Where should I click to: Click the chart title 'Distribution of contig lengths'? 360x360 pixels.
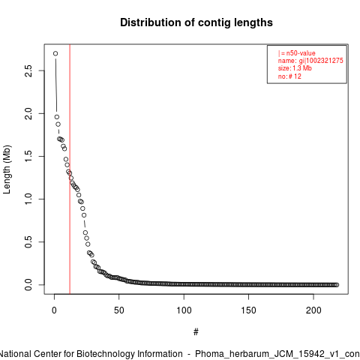(196, 22)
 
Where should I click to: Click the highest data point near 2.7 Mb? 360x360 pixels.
(55, 53)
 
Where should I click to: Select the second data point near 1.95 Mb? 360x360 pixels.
(57, 117)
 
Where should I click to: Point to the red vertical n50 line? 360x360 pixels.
(70, 169)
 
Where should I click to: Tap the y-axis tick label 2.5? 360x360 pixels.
(28, 70)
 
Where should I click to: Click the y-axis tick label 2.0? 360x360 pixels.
(28, 113)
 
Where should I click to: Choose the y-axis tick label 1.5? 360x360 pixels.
(28, 156)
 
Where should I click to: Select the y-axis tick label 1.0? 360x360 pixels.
(28, 199)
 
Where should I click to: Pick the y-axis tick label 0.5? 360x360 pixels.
(28, 242)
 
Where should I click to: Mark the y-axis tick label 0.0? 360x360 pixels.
(28, 285)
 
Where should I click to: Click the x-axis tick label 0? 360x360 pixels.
(54, 310)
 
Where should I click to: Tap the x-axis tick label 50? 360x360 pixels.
(119, 310)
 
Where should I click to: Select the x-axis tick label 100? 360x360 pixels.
(184, 310)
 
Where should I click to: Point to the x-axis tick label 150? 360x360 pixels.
(249, 310)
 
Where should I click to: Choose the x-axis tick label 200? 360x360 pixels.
(313, 310)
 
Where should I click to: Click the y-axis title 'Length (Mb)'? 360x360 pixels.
(7, 169)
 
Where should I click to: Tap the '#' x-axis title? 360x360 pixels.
(196, 332)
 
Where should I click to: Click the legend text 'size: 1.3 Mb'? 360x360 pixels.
(295, 68)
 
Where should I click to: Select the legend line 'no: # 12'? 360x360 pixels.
(289, 76)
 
